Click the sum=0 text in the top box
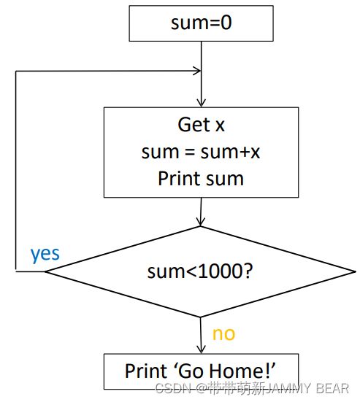201,23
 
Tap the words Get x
201,125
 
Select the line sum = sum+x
201,152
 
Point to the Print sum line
201,179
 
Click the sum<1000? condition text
200,271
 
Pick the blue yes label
45,255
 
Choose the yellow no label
223,334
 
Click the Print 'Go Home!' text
200,371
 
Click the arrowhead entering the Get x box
201,104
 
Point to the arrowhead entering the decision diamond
200,223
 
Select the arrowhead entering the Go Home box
201,350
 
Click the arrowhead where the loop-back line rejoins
198,71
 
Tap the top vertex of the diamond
200,227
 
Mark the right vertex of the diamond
356,271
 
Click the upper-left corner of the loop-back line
16,71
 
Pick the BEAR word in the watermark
332,388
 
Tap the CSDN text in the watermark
173,388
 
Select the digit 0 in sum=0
226,23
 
